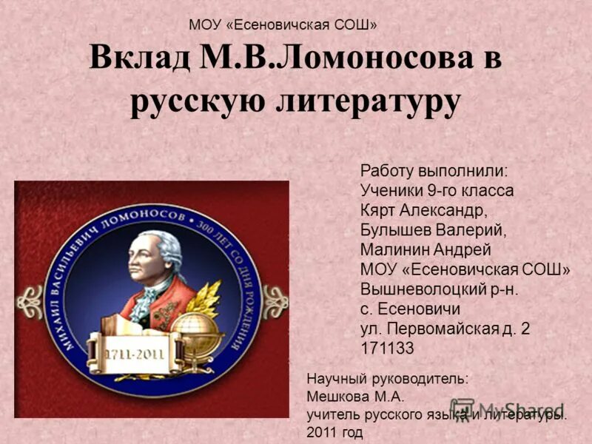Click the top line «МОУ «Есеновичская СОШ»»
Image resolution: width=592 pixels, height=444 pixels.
283,25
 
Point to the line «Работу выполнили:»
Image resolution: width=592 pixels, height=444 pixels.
434,170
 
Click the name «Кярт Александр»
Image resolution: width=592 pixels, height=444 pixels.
424,209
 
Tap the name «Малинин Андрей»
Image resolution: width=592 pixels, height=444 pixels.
425,249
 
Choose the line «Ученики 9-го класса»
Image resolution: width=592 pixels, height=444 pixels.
437,190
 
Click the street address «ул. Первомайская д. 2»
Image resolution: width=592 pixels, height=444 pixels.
445,329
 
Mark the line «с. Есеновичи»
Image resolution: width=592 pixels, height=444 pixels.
410,309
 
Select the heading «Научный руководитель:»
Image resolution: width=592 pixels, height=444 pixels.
387,378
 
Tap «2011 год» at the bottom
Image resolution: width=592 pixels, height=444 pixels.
334,431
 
